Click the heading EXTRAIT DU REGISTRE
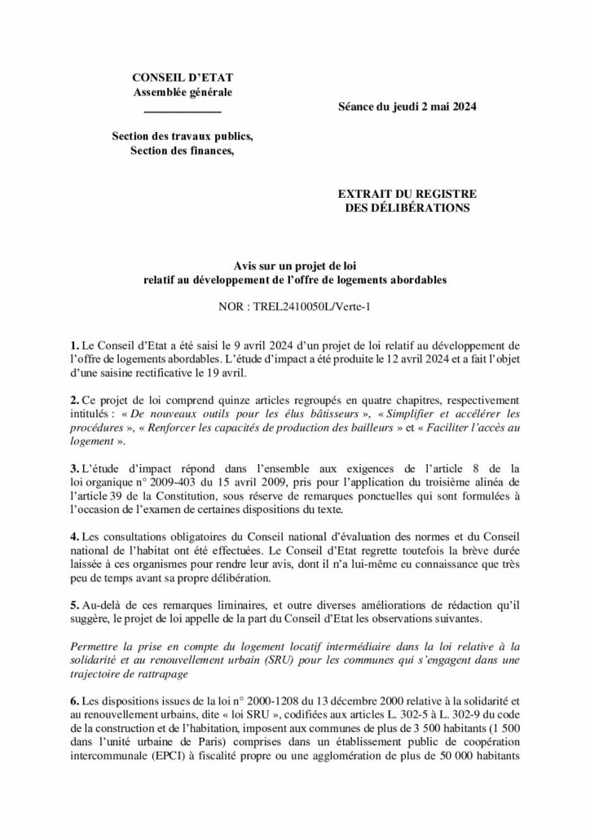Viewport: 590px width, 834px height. pos(407,194)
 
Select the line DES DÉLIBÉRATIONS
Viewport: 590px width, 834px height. pos(407,208)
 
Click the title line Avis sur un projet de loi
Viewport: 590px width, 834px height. pos(295,266)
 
